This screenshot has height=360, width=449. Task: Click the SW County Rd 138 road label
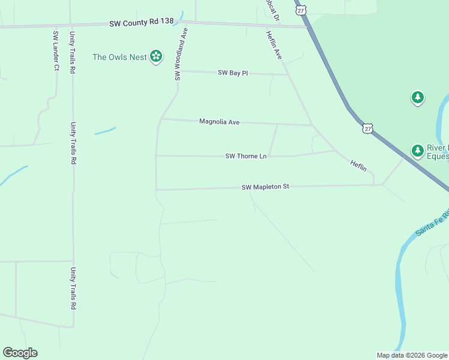[142, 22]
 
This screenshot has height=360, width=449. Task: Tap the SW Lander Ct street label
[56, 50]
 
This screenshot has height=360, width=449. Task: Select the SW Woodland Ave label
[178, 54]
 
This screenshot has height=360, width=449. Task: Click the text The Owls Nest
[119, 58]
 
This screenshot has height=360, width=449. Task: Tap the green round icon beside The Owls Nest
[156, 56]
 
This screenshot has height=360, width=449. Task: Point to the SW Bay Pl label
[233, 73]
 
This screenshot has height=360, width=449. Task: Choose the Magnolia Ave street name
[219, 122]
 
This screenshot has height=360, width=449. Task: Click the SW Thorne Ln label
[246, 156]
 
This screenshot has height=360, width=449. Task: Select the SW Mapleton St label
[265, 187]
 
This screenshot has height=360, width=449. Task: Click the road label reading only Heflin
[358, 166]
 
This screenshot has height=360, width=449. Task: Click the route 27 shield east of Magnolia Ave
[367, 128]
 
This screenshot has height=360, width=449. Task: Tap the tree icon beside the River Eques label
[417, 150]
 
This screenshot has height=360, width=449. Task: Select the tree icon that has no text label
[418, 97]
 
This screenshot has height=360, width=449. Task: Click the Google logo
[20, 353]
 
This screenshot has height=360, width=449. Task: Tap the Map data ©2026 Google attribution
[412, 355]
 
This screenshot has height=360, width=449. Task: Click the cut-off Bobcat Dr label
[273, 10]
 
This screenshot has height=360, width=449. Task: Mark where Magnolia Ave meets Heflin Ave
[312, 125]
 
